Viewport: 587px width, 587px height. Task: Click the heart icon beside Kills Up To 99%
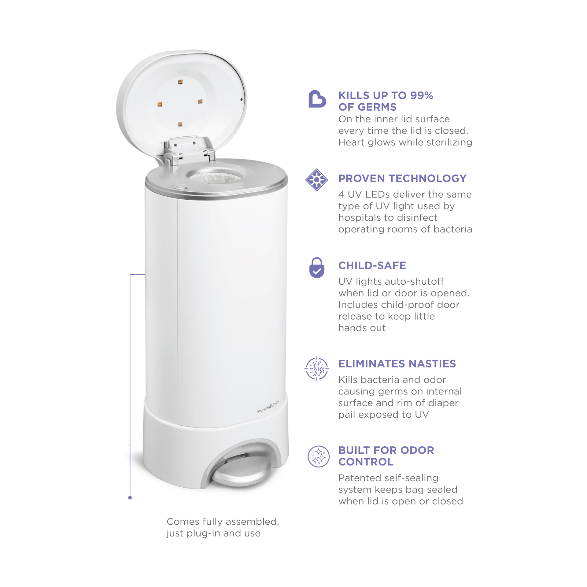[x=317, y=99]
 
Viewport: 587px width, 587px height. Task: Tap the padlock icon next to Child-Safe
[x=317, y=267]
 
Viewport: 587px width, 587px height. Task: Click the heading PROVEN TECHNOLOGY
[x=402, y=178]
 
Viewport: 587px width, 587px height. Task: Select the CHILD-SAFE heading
[x=372, y=265]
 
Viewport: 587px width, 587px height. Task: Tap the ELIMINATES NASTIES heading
[x=397, y=364]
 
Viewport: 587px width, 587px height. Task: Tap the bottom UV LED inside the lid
[x=180, y=124]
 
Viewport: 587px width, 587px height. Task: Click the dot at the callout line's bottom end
[x=130, y=498]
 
